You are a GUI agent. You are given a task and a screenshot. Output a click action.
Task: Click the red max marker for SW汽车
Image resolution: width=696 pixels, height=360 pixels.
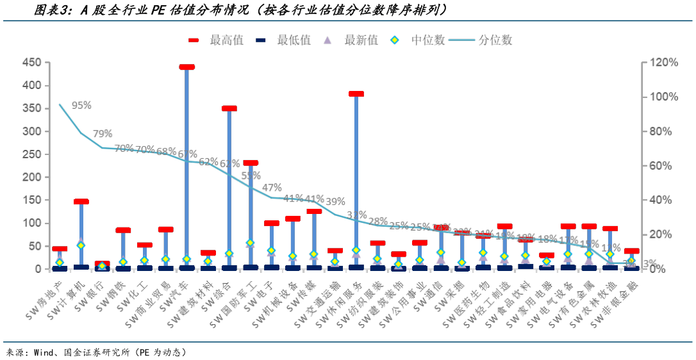coord(186,67)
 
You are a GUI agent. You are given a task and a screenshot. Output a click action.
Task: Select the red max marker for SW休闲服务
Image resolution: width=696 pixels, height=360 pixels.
coord(356,94)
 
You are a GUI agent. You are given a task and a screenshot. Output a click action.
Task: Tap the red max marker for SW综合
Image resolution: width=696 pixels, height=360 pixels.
coord(229,108)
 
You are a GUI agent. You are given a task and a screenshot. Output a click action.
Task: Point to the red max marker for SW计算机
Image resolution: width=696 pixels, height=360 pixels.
coord(81,202)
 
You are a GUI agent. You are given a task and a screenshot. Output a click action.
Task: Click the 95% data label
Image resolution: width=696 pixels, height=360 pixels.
coord(81,105)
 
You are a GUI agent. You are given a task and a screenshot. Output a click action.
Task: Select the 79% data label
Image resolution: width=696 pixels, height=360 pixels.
coord(102,133)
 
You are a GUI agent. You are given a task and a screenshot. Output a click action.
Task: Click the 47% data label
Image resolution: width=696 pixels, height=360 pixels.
coord(272,188)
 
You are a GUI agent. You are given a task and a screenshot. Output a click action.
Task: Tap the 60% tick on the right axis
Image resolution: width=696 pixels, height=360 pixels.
coord(661,166)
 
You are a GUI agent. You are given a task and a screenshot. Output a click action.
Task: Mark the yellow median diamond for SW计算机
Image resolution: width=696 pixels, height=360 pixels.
coord(81,245)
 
